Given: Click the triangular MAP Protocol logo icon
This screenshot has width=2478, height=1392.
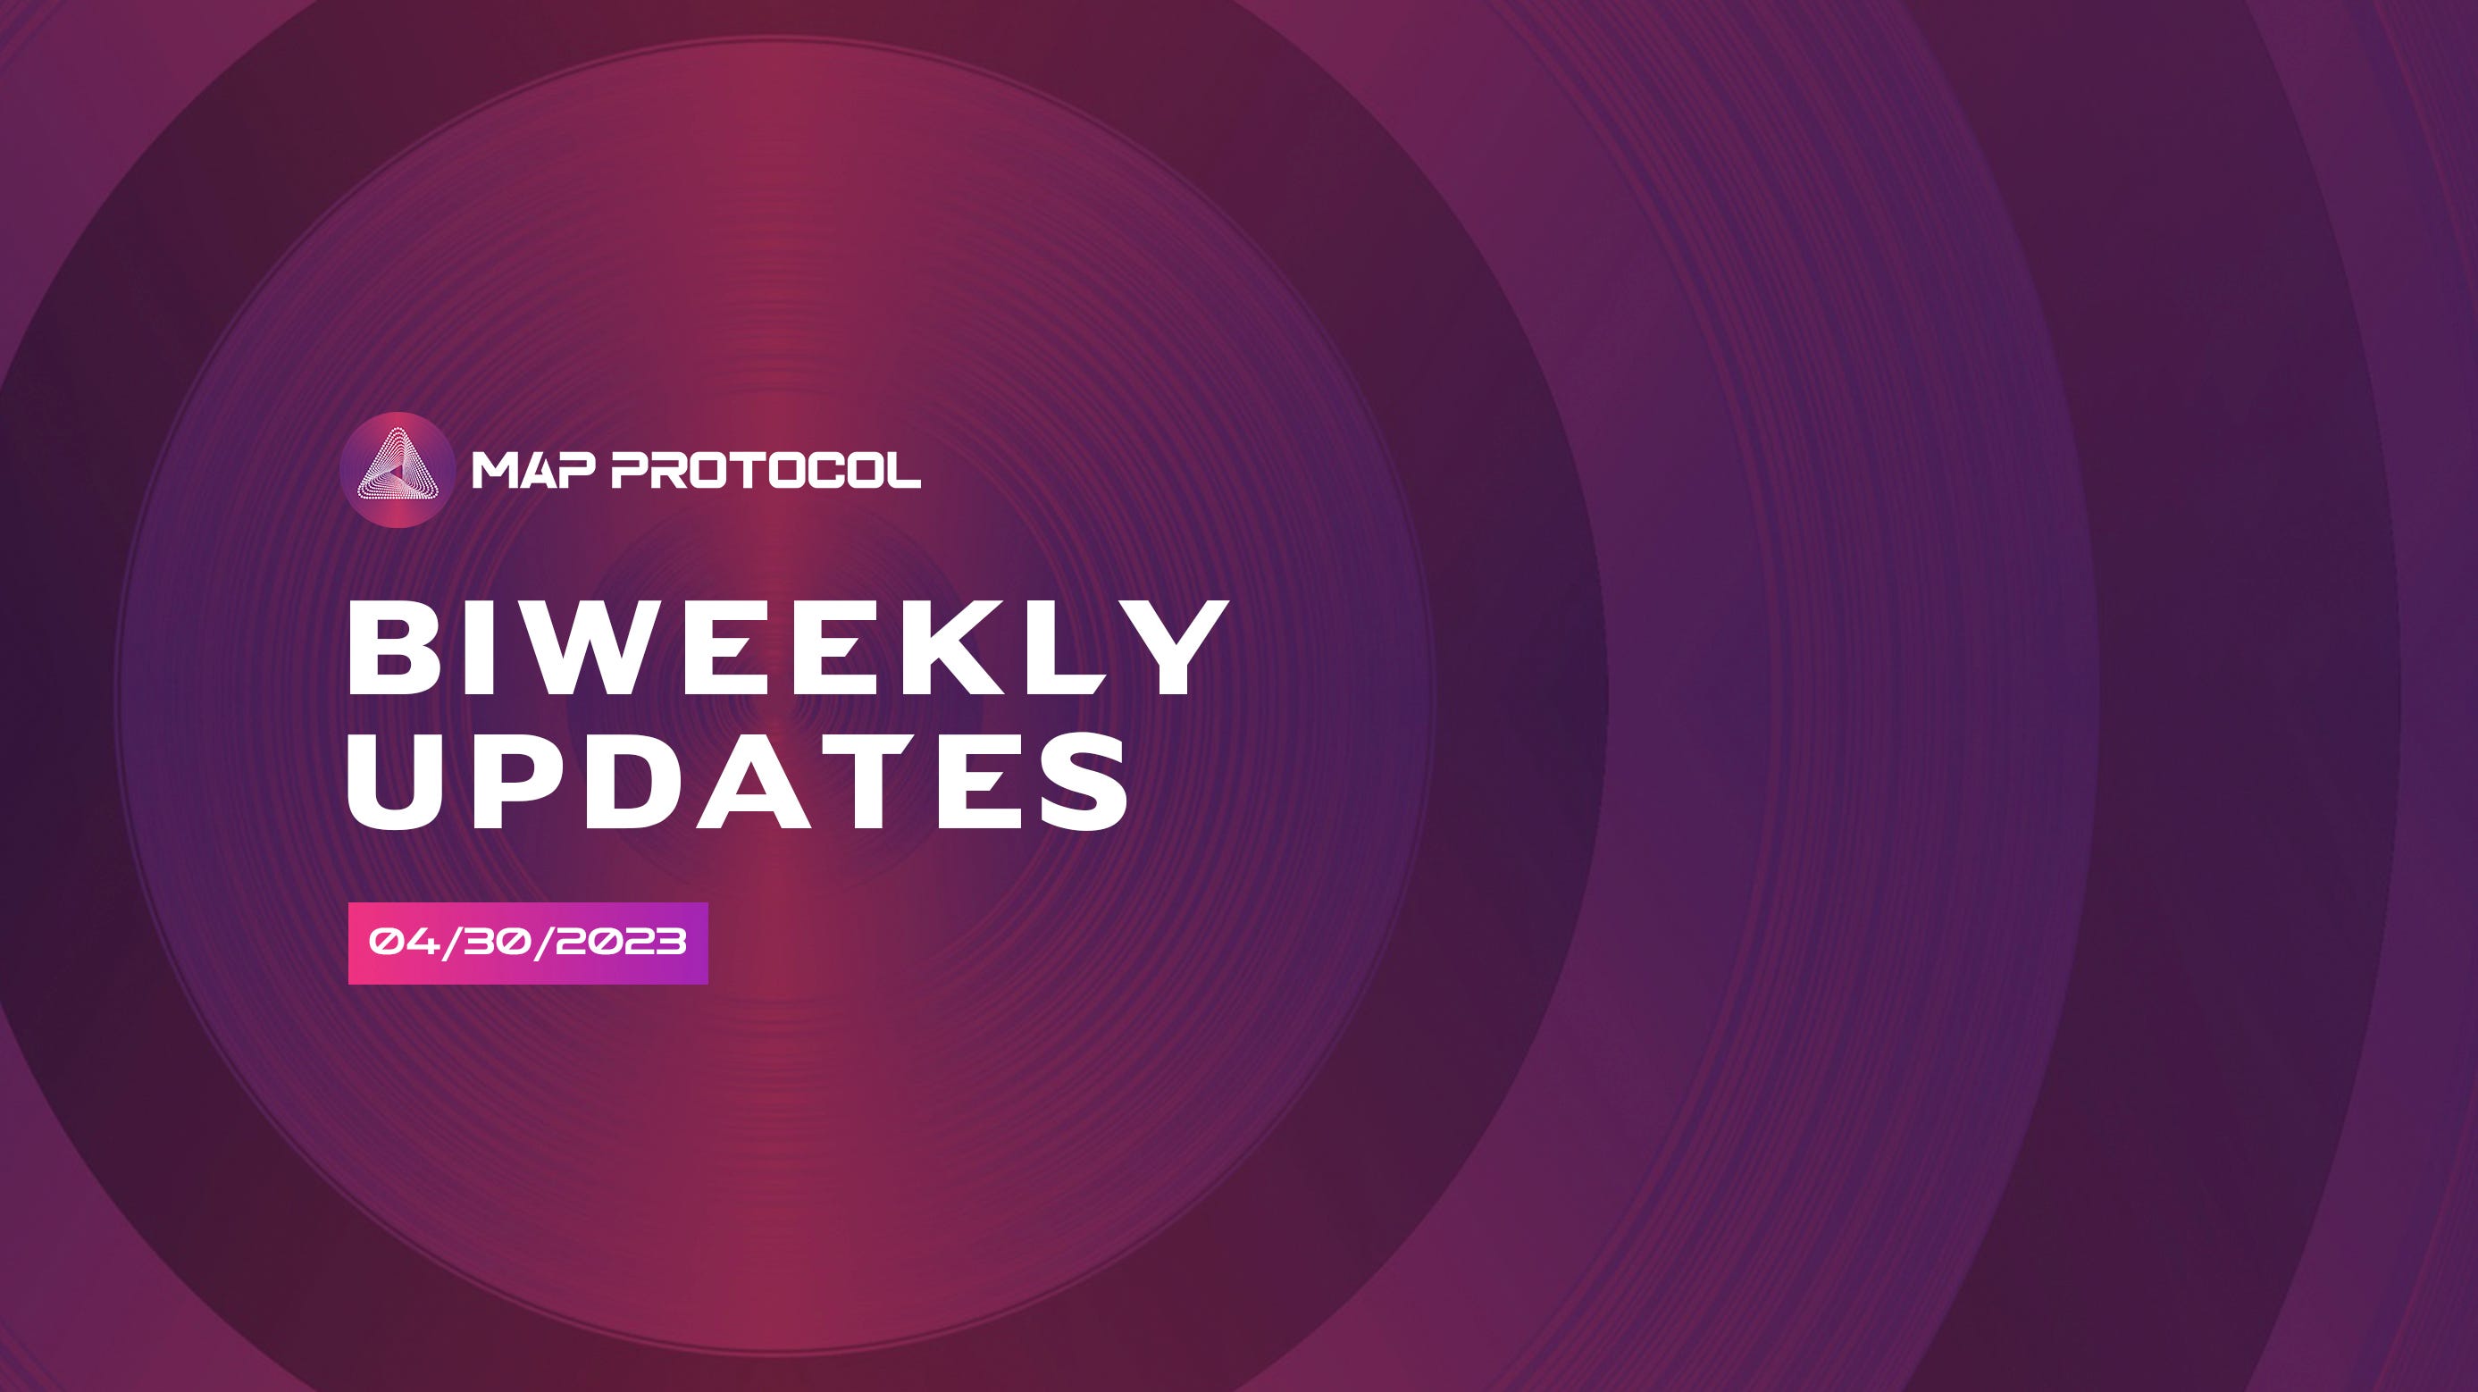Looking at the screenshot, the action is click(x=398, y=469).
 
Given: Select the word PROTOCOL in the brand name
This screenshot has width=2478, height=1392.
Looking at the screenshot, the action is click(x=766, y=471).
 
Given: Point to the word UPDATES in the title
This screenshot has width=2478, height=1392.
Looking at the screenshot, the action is click(x=739, y=782).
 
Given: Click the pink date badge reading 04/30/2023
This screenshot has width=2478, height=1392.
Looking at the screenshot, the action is click(x=528, y=943).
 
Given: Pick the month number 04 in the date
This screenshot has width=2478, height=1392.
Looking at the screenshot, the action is click(x=405, y=942).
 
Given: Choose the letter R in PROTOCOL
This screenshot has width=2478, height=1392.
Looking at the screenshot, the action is click(x=674, y=471).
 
